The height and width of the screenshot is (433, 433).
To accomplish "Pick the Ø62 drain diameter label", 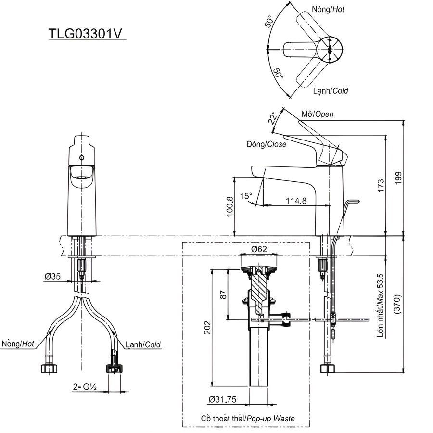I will click(x=259, y=249).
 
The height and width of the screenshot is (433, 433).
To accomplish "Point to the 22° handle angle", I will click(x=273, y=118).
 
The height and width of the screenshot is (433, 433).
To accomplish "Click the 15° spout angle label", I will click(x=246, y=196).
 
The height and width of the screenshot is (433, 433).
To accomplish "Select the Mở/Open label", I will click(x=317, y=114).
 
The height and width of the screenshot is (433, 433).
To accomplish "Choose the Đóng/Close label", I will click(x=266, y=144).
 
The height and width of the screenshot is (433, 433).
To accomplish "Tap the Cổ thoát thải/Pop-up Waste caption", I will click(x=248, y=419).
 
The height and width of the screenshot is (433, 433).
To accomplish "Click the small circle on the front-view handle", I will click(x=81, y=158).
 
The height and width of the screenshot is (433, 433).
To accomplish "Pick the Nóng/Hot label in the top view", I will click(x=328, y=9).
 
